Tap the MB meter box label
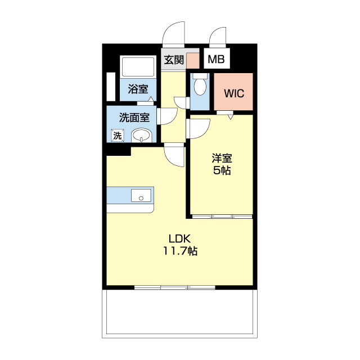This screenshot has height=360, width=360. pyautogui.click(x=216, y=59)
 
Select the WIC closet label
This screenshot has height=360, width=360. pyautogui.click(x=234, y=93)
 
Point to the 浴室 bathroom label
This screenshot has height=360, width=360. pyautogui.click(x=138, y=89)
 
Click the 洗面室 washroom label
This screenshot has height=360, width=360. pyautogui.click(x=134, y=118)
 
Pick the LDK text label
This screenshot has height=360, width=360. pyautogui.click(x=180, y=238)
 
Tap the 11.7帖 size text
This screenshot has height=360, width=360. pyautogui.click(x=180, y=251)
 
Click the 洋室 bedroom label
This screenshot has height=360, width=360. pyautogui.click(x=222, y=158)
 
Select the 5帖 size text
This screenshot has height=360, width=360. pyautogui.click(x=222, y=170)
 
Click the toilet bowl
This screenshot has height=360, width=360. pyautogui.click(x=200, y=84)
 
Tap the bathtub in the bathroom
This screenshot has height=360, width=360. pyautogui.click(x=138, y=67)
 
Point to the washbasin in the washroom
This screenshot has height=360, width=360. pyautogui.click(x=141, y=135)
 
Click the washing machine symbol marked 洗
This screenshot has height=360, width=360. pyautogui.click(x=118, y=136)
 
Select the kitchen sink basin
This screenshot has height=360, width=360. pyautogui.click(x=141, y=195)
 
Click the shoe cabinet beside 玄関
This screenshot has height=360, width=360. pyautogui.click(x=192, y=61)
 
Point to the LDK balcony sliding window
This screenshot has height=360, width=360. pyautogui.click(x=175, y=287)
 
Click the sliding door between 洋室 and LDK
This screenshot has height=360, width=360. pyautogui.click(x=222, y=216)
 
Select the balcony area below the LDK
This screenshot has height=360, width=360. pyautogui.click(x=179, y=314)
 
